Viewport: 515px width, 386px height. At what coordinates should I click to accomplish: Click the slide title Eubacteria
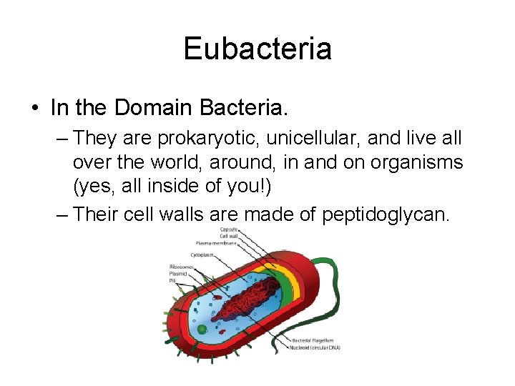(x=257, y=49)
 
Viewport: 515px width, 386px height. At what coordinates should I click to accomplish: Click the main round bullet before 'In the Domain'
(x=34, y=109)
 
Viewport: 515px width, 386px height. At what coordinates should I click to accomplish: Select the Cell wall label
(x=228, y=236)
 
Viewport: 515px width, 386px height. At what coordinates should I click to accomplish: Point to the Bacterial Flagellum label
(x=313, y=340)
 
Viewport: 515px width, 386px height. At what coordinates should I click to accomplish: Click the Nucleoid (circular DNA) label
(x=315, y=348)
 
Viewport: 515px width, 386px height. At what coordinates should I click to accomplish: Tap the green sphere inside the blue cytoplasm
(x=202, y=330)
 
